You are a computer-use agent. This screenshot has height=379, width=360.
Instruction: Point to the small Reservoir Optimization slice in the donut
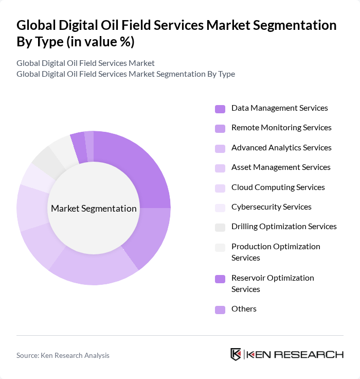pyautogui.click(x=79, y=142)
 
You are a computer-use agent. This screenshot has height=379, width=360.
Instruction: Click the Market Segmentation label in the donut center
pyautogui.click(x=94, y=209)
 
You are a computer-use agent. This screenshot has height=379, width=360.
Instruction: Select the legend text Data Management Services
pyautogui.click(x=279, y=108)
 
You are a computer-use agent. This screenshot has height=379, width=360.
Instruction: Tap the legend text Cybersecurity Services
pyautogui.click(x=271, y=207)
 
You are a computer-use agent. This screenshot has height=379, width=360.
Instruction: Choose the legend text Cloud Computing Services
pyautogui.click(x=278, y=187)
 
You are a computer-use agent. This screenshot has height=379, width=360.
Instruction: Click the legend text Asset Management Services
pyautogui.click(x=281, y=167)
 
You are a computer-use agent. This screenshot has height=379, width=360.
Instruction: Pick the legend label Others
pyautogui.click(x=244, y=309)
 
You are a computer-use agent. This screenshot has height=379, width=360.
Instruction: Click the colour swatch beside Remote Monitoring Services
pyautogui.click(x=220, y=128)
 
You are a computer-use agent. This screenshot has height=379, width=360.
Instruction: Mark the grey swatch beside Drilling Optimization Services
pyautogui.click(x=220, y=227)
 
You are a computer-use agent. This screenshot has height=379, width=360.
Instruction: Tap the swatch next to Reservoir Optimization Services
pyautogui.click(x=220, y=279)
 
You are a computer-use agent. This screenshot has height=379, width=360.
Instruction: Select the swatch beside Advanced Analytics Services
pyautogui.click(x=220, y=148)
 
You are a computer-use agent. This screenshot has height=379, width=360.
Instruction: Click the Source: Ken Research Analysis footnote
pyautogui.click(x=63, y=355)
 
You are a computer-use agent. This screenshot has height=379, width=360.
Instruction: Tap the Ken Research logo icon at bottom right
pyautogui.click(x=236, y=354)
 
